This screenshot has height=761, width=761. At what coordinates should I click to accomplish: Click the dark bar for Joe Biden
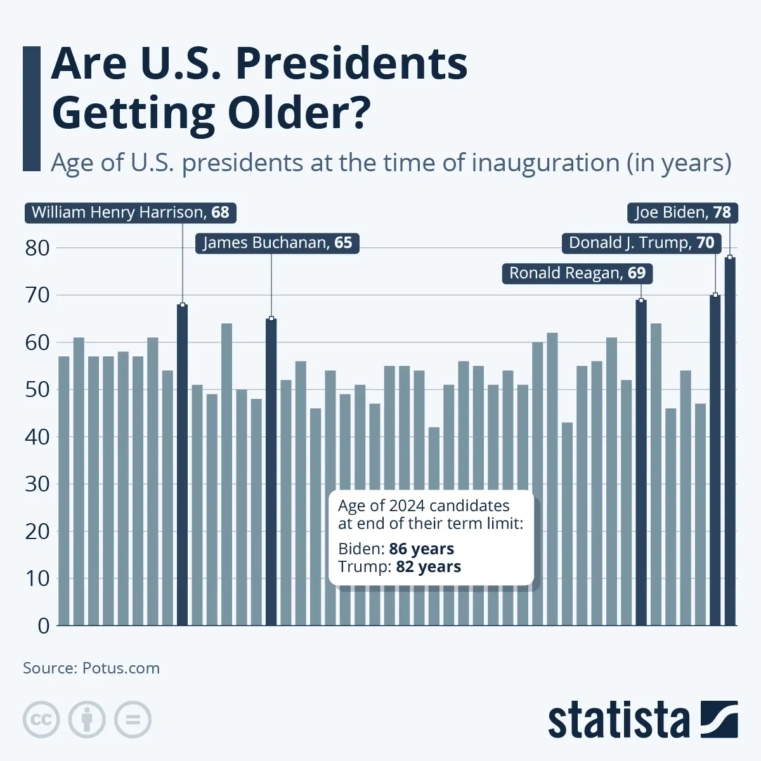[730, 444]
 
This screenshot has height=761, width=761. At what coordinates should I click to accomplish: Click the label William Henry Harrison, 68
[131, 212]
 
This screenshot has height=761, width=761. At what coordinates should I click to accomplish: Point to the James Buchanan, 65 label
[277, 243]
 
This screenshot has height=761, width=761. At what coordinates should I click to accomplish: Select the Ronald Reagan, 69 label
[577, 273]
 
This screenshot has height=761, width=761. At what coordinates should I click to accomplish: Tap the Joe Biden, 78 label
[683, 212]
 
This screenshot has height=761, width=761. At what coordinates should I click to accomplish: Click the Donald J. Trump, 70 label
[641, 243]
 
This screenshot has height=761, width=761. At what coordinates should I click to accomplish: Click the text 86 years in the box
[422, 549]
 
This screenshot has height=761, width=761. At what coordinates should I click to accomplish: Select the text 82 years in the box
[428, 566]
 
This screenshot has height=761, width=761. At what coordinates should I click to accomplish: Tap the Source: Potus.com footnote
[91, 668]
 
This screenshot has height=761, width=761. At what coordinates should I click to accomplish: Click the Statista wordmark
[618, 720]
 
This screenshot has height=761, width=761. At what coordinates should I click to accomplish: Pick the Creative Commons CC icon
[41, 720]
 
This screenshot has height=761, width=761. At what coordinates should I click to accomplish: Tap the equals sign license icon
[133, 720]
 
